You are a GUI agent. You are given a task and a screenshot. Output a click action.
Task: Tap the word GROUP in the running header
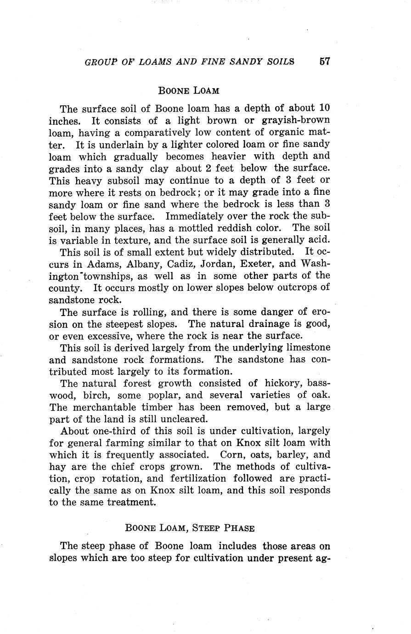(101, 62)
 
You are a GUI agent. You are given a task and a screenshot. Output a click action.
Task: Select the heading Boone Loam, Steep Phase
(190, 528)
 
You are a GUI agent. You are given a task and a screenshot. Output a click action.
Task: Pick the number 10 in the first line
(324, 108)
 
